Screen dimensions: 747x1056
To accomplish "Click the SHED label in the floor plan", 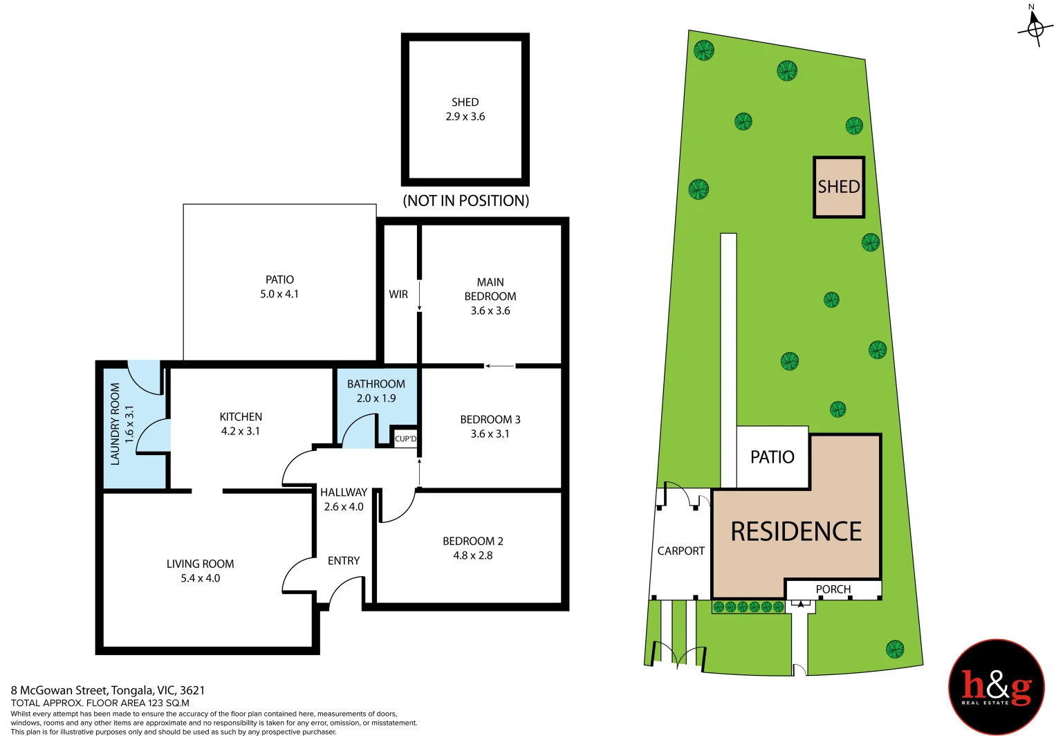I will click(x=465, y=102).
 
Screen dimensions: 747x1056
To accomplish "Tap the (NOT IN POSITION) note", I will click(x=465, y=201).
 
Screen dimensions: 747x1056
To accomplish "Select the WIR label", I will click(x=398, y=295).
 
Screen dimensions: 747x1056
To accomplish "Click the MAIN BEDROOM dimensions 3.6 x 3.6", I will click(x=490, y=311).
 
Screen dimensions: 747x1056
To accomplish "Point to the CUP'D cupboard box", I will click(x=405, y=439).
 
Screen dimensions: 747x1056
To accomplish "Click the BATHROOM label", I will click(x=376, y=384).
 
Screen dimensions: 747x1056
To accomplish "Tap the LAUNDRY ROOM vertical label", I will click(x=115, y=424).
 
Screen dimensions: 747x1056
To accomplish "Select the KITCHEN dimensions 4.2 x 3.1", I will click(x=241, y=432).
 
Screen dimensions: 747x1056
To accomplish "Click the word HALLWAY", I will click(x=344, y=492).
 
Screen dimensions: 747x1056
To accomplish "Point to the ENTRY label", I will click(x=344, y=561).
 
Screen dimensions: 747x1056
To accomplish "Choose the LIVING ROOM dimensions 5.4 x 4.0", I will click(x=201, y=579).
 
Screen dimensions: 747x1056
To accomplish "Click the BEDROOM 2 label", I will click(x=473, y=542).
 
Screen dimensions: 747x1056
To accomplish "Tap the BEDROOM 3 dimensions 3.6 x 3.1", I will click(x=490, y=434).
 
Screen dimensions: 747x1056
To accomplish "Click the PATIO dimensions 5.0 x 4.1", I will click(x=279, y=295).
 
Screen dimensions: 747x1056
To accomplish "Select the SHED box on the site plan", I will click(x=839, y=187).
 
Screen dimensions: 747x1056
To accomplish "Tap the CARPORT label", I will click(x=680, y=551).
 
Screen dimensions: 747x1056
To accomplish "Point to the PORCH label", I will click(x=833, y=589).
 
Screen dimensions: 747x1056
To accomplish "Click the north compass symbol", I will click(x=1035, y=26).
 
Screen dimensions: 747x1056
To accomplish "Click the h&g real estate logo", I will click(x=997, y=688).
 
